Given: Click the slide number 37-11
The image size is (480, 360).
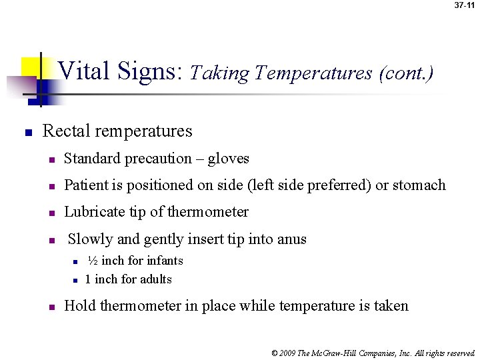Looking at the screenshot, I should click(464, 5).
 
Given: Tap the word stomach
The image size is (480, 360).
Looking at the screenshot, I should click(419, 185).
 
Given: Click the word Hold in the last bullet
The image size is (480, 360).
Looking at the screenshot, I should click(79, 306).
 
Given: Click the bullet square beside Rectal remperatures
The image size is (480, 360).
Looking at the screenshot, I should click(28, 133).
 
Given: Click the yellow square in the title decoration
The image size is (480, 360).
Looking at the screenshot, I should click(30, 67).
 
